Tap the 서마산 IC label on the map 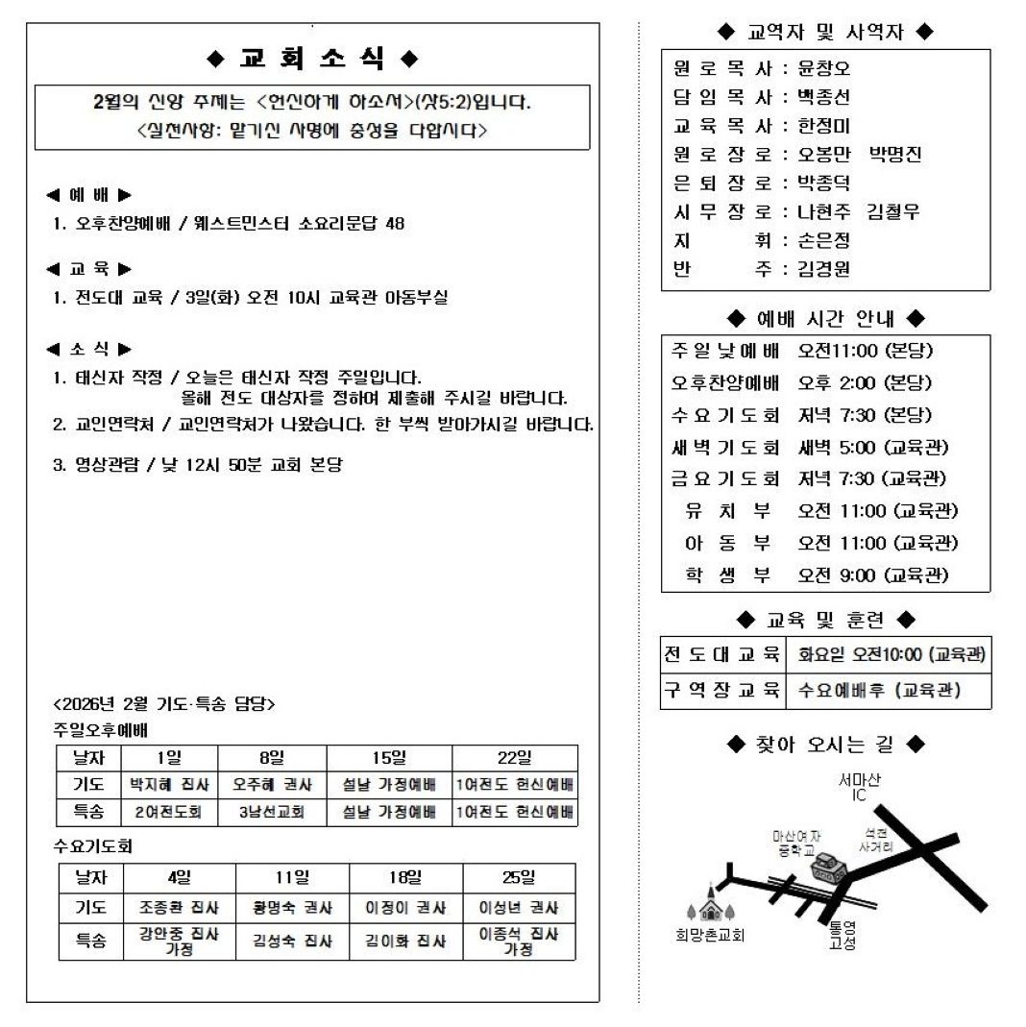859,788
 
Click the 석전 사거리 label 875,842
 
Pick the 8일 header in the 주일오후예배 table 271,757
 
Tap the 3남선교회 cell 271,812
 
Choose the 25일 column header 519,877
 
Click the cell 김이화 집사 405,941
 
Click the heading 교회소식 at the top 312,59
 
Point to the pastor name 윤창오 823,69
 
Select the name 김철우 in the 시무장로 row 893,211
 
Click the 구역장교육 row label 722,690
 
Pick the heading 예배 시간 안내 825,318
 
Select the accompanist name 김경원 823,269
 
